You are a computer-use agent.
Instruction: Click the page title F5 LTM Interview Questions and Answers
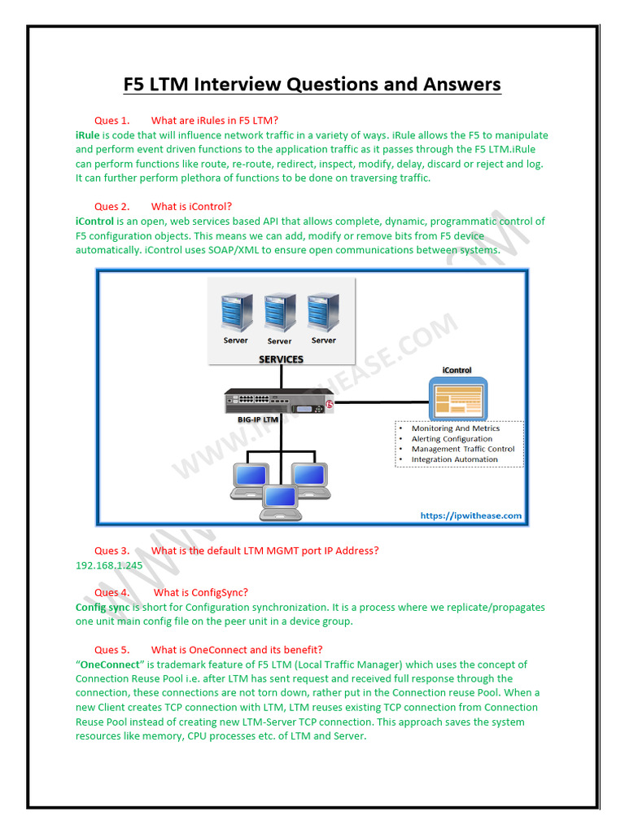[312, 84]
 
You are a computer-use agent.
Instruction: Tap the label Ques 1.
[111, 121]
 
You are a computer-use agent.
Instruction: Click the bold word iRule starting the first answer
[87, 135]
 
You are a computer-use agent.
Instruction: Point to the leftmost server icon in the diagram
[236, 313]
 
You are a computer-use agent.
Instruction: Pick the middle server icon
[279, 313]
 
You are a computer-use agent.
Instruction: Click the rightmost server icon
[323, 313]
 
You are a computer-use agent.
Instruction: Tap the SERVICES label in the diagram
[281, 359]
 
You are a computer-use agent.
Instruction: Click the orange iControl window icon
[458, 397]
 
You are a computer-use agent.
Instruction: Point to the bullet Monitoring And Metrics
[456, 428]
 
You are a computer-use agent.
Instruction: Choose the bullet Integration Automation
[454, 459]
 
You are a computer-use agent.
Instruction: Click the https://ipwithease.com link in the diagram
[470, 516]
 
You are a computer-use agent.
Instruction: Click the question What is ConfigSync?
[200, 593]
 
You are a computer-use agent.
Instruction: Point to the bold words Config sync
[103, 608]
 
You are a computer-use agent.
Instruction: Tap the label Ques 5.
[111, 650]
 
